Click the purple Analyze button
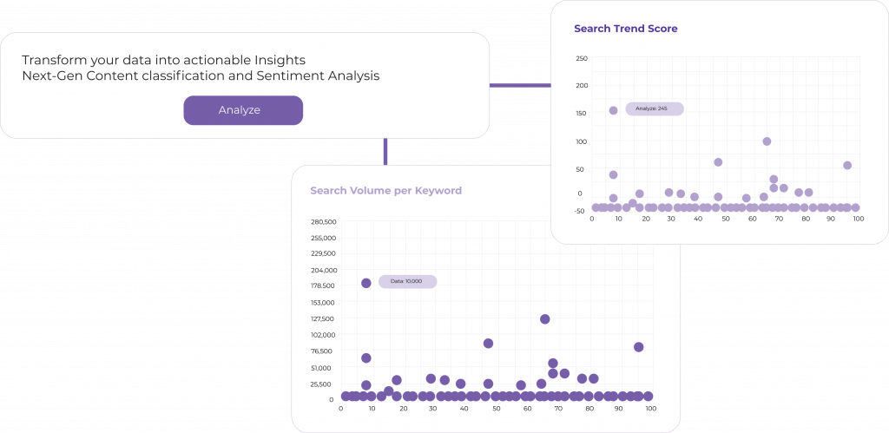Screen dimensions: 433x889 pyautogui.click(x=243, y=110)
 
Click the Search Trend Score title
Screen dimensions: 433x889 pyautogui.click(x=625, y=29)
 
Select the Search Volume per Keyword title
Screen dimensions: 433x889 pyautogui.click(x=385, y=190)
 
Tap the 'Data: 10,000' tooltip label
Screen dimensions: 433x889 pyautogui.click(x=407, y=282)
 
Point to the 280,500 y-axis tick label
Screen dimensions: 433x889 pyautogui.click(x=323, y=221)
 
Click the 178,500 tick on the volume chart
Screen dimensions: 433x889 pyautogui.click(x=323, y=285)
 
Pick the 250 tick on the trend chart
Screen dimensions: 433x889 pyautogui.click(x=582, y=58)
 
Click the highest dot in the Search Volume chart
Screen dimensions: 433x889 pyautogui.click(x=366, y=283)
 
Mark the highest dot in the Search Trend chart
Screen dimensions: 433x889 pyautogui.click(x=613, y=110)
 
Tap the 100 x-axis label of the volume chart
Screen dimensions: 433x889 pyautogui.click(x=649, y=408)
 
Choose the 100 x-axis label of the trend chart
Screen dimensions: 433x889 pyautogui.click(x=858, y=219)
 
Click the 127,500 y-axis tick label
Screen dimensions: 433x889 pyautogui.click(x=323, y=318)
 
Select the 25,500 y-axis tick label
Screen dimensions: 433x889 pyautogui.click(x=325, y=384)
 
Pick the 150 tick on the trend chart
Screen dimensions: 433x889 pyautogui.click(x=582, y=114)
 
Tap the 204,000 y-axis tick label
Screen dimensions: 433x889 pyautogui.click(x=323, y=270)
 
